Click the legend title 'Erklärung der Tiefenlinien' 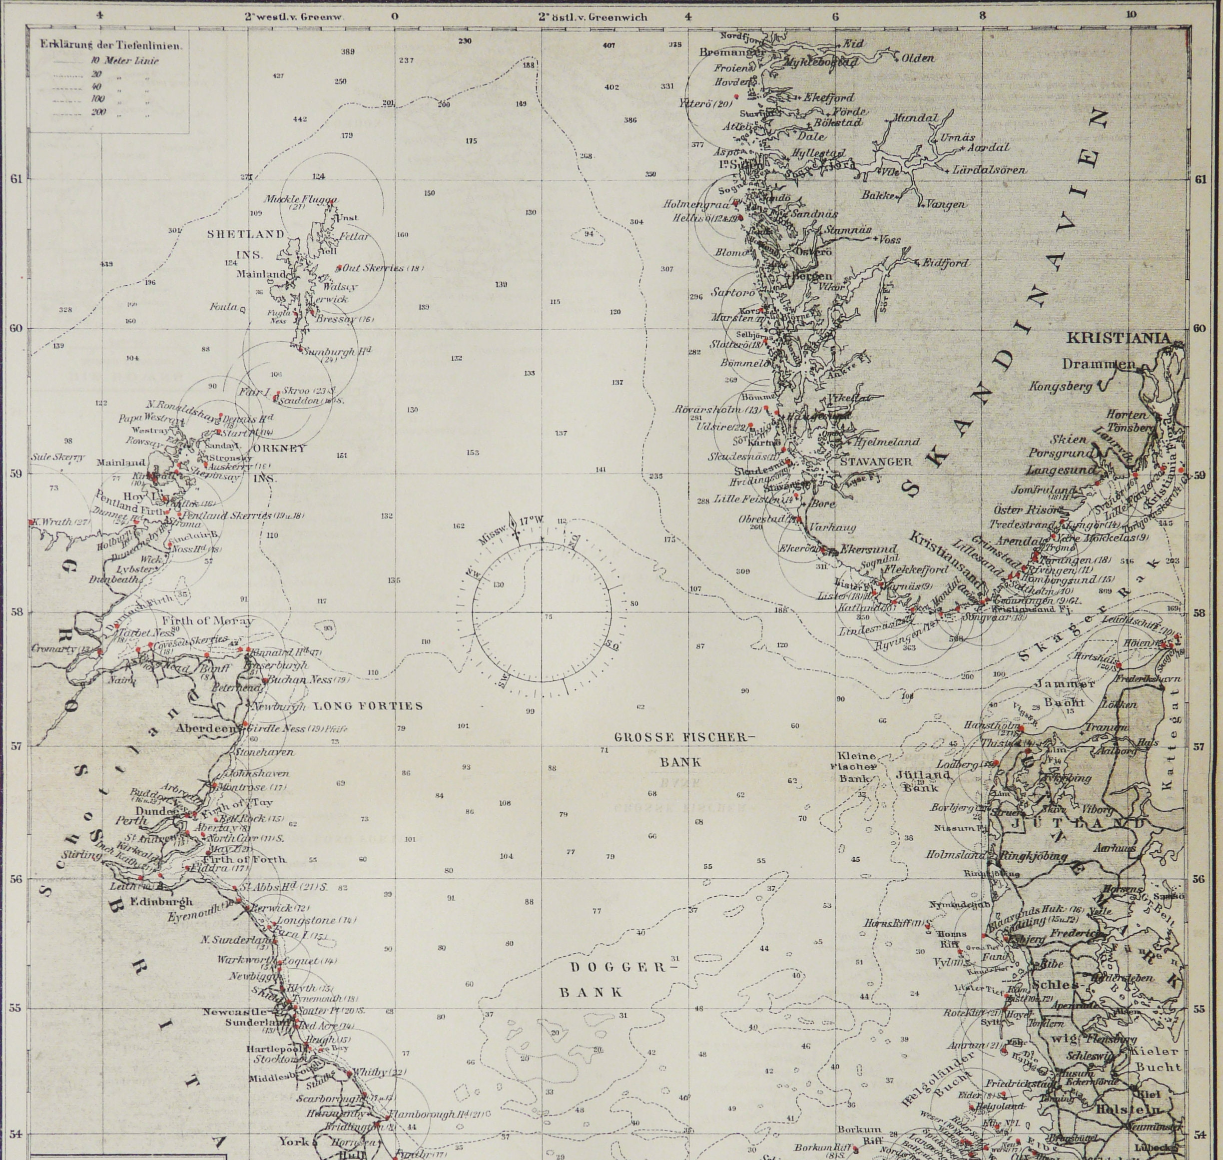tap(110, 44)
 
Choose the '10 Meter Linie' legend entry tap(124, 60)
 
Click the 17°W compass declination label tap(531, 521)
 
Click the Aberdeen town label tap(206, 728)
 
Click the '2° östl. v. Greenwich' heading tap(593, 16)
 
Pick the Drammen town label tap(1099, 364)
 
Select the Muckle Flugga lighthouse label tap(301, 200)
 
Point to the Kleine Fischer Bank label tap(856, 767)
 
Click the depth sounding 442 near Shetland tap(299, 119)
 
